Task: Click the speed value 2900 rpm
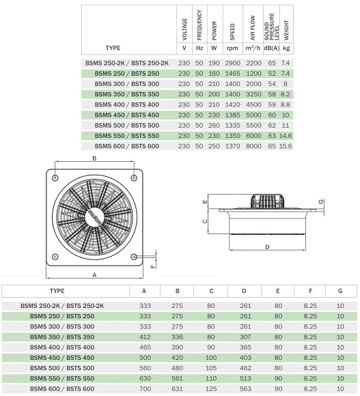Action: click(x=232, y=63)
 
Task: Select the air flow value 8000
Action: click(x=253, y=146)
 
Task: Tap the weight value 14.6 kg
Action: click(x=286, y=136)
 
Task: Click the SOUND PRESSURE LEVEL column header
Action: click(x=272, y=27)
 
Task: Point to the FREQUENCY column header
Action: click(x=199, y=25)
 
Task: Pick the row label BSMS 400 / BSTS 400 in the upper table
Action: click(x=127, y=104)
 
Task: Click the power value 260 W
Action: click(x=214, y=125)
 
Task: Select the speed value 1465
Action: click(x=232, y=74)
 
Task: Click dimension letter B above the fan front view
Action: click(x=94, y=158)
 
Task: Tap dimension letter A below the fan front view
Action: click(x=94, y=275)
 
